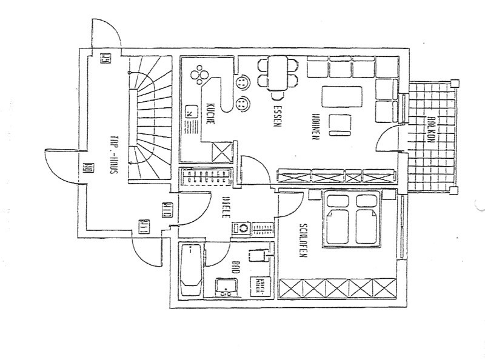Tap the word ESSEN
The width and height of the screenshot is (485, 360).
pos(276,116)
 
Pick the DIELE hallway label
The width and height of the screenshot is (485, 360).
pos(224,206)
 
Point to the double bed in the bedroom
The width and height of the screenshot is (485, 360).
pos(353,219)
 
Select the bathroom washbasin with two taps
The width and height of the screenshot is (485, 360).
pos(229,286)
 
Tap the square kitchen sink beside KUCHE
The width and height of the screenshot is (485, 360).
pos(193,112)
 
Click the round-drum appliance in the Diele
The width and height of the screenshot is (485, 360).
pos(242,228)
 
